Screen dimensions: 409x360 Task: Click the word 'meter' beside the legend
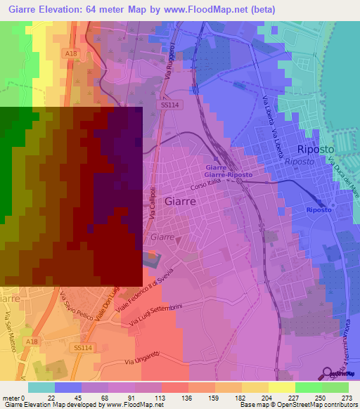tap(10, 397)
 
